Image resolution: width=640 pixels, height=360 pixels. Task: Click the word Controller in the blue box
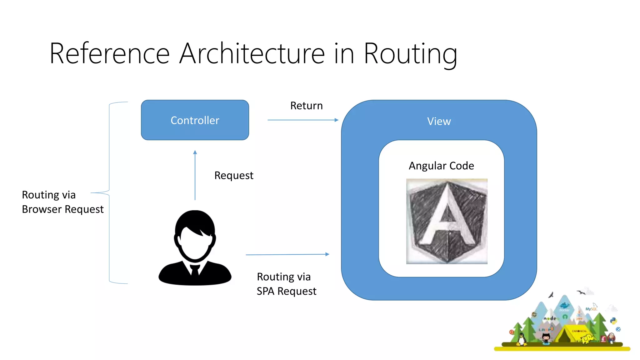tap(195, 120)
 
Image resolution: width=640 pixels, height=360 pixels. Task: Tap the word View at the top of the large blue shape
tap(439, 121)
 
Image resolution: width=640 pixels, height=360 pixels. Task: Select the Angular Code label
tap(441, 166)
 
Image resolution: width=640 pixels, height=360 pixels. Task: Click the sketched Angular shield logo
tap(447, 221)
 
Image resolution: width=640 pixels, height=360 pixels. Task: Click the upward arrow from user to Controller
tap(195, 175)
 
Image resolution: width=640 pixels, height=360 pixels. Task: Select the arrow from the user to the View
tap(287, 255)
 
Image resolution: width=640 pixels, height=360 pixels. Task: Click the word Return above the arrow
tap(306, 106)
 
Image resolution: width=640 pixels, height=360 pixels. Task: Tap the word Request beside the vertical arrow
tap(234, 176)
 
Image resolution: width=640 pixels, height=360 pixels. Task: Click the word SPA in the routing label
tap(265, 291)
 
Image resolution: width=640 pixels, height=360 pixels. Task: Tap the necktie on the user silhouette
tap(195, 270)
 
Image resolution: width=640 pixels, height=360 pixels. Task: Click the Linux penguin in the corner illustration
tap(521, 339)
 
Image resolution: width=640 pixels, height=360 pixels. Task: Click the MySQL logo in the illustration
tap(591, 309)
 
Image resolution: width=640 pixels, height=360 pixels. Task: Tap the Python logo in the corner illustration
tap(613, 321)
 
